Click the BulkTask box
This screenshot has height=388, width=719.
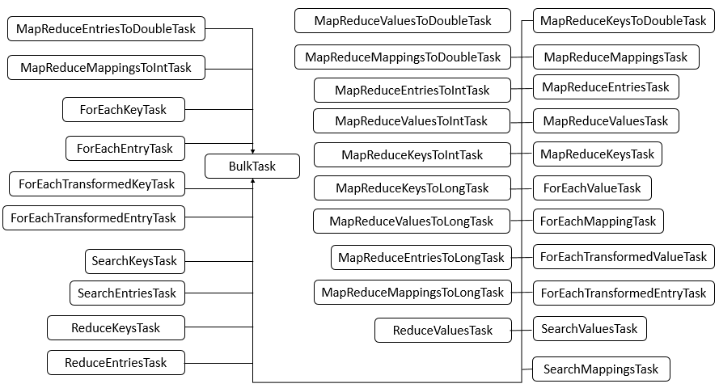[252, 167]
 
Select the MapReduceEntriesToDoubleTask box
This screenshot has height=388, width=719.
[107, 30]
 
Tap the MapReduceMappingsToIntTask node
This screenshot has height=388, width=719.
[106, 68]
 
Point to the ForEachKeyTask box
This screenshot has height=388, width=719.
[125, 109]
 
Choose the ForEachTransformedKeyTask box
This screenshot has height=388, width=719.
[96, 183]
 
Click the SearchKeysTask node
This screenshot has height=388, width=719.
[134, 261]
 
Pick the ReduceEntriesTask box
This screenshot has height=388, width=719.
[116, 363]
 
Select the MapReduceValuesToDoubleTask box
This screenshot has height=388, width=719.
[402, 21]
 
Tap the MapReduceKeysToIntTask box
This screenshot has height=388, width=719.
[412, 155]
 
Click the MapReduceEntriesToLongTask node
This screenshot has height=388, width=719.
[421, 258]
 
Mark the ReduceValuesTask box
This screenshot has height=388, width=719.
[442, 330]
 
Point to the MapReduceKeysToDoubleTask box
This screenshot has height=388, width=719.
[623, 21]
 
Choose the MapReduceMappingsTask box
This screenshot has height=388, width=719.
[615, 57]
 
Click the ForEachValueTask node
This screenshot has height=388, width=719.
[592, 188]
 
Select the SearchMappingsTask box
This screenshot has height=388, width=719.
[601, 369]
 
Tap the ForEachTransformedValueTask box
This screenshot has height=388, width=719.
[623, 257]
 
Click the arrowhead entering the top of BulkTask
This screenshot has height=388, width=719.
[253, 150]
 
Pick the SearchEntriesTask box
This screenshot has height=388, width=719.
[127, 293]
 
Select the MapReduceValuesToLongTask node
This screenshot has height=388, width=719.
[411, 221]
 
